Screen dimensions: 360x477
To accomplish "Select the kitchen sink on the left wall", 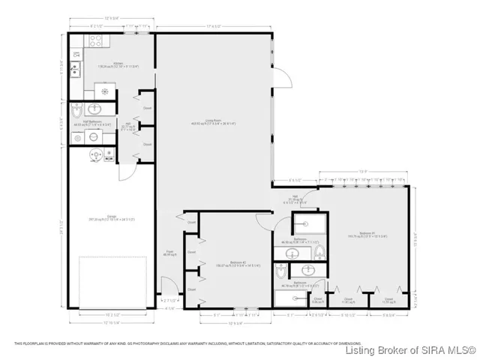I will point(75,70).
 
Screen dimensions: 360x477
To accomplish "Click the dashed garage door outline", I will point(112,281).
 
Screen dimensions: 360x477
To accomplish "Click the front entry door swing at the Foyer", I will point(169,286).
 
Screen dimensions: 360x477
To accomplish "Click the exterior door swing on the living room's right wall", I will point(282,79).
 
